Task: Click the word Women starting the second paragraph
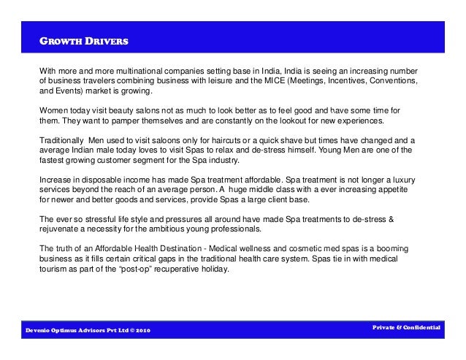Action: tap(52, 109)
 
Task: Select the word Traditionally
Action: tap(62, 139)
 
